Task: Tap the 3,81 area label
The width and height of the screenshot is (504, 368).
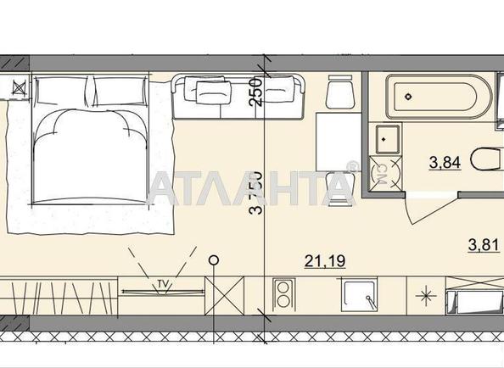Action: point(484,247)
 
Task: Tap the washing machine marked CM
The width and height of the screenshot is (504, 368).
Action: point(382,175)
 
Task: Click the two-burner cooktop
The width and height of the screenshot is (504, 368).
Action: point(283,298)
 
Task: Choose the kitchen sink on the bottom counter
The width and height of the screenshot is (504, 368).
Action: point(360,297)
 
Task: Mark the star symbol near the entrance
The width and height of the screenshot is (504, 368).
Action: point(424,297)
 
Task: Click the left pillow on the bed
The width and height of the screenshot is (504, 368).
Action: point(59,90)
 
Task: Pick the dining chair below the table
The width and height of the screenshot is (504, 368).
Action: point(339,188)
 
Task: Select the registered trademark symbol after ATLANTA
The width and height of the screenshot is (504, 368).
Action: point(353,166)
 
